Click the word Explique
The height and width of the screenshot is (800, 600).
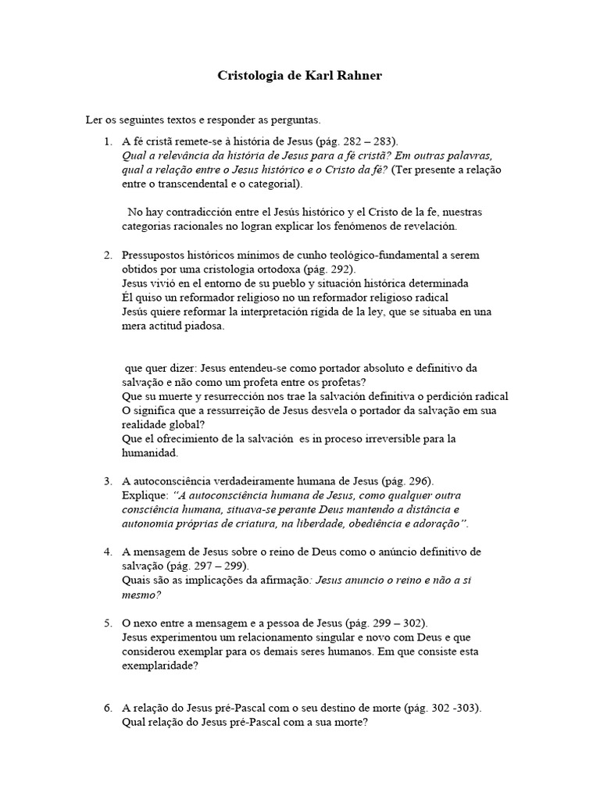[144, 495]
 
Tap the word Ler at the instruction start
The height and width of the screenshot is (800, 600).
[93, 120]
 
